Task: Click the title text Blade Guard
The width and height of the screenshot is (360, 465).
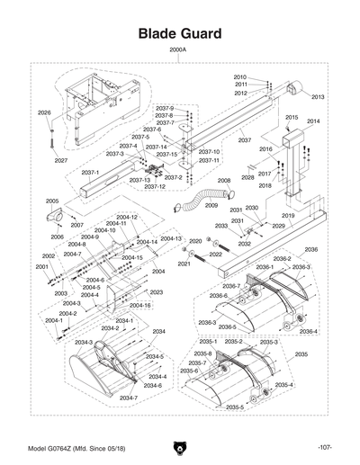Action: (x=179, y=33)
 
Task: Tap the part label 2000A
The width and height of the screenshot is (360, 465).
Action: (x=177, y=50)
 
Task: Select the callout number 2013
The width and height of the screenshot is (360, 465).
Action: (x=318, y=97)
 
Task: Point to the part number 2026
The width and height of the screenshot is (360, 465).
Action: (x=44, y=112)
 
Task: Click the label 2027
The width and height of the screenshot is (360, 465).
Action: (x=60, y=160)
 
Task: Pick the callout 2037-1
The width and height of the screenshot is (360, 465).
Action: (x=90, y=173)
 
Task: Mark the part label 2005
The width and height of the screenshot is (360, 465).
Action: (x=52, y=201)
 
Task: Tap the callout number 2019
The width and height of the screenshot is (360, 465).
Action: (x=288, y=217)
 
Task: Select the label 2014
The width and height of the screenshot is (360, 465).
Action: (x=312, y=121)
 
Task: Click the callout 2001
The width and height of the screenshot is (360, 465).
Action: (x=41, y=266)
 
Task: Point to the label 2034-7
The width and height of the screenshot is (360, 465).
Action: (x=129, y=397)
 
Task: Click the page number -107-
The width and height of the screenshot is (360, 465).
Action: (x=325, y=447)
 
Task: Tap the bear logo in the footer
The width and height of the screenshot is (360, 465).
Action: (x=179, y=447)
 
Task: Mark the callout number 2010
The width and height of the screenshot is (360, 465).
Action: (x=239, y=77)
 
